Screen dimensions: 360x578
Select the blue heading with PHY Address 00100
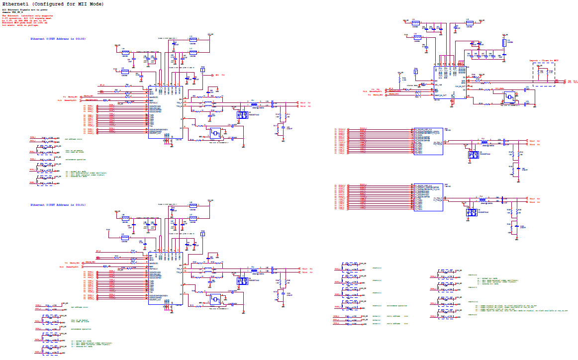[x=58, y=38]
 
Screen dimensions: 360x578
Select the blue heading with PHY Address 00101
[x=58, y=205]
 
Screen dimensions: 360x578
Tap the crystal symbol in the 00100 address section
[x=216, y=133]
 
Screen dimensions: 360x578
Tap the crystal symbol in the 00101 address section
[x=216, y=299]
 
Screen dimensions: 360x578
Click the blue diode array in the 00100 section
[x=243, y=115]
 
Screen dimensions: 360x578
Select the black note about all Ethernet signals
[x=25, y=12]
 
